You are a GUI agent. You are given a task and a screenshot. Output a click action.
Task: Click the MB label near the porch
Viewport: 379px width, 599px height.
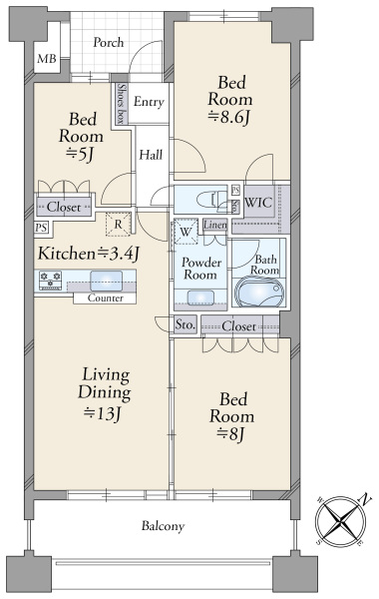(47, 59)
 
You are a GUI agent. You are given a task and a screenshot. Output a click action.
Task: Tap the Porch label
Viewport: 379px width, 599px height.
(109, 42)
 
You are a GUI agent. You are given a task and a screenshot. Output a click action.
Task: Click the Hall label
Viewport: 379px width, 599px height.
(151, 155)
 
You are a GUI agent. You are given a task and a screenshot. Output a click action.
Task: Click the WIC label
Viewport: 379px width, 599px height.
(258, 202)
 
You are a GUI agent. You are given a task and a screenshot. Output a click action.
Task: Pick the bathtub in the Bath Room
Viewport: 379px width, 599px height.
(260, 293)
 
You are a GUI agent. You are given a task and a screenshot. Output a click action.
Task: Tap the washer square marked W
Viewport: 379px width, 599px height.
(186, 232)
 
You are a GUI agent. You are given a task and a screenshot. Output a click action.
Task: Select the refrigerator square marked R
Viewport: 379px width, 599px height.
(118, 225)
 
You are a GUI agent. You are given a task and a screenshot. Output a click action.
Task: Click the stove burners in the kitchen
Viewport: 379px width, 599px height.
(51, 280)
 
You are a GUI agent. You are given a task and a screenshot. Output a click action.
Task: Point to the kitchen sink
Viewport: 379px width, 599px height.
(107, 281)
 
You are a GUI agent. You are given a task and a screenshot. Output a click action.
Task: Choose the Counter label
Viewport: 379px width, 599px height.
(105, 298)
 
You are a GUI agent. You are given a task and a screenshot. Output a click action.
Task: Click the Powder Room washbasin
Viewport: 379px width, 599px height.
(200, 298)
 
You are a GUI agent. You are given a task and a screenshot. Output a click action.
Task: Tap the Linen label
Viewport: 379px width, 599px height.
(215, 225)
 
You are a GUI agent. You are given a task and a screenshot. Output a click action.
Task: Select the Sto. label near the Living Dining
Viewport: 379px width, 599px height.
(186, 325)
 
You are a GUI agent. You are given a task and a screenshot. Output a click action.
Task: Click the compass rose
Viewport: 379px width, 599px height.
(341, 521)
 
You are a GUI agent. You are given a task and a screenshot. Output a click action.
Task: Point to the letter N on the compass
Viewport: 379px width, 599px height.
(366, 499)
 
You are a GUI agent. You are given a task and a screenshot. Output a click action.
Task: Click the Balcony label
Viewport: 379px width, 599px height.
(163, 526)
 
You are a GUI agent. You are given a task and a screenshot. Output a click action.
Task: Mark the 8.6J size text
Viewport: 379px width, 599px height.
(229, 117)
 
